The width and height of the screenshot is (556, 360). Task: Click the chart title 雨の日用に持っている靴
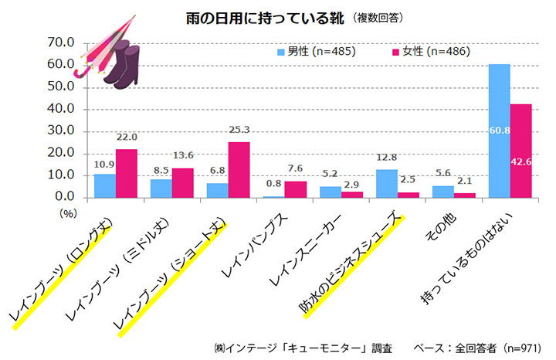click(255, 16)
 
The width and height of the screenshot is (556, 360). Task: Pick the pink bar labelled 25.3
click(239, 170)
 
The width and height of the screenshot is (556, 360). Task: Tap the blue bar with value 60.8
click(499, 131)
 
